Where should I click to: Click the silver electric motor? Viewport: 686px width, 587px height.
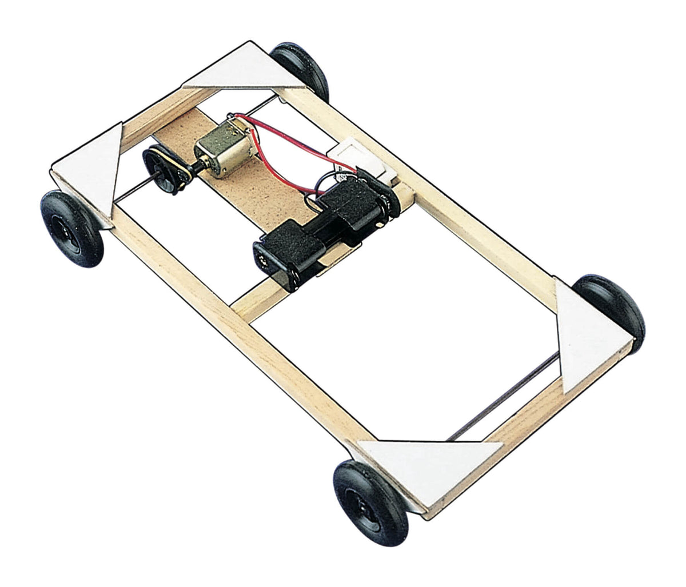(216, 151)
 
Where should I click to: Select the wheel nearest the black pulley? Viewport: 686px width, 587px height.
(72, 228)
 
